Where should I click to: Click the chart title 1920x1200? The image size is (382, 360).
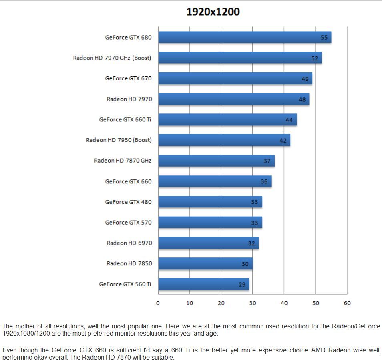coord(213,12)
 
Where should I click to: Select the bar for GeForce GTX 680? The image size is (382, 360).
coord(244,37)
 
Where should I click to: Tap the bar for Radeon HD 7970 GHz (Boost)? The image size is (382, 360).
coord(239,58)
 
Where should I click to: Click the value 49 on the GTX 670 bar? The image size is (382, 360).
coord(305,79)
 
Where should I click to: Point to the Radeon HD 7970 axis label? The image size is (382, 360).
coord(129,99)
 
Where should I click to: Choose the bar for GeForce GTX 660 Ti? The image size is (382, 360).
coord(227,120)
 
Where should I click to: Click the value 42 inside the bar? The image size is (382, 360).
coord(283,141)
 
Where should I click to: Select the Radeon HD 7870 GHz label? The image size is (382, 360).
coord(123,161)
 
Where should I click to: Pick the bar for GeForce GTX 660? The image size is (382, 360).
coord(215,181)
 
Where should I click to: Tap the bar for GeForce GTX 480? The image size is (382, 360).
coord(210,202)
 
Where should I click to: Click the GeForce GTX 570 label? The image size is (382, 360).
coord(128,222)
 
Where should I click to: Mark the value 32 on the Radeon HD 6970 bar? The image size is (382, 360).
coord(251,243)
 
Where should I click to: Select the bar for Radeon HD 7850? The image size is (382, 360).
coord(205,263)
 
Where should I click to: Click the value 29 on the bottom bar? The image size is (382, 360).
coord(242,285)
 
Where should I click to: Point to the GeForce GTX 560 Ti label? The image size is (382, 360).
coord(125,284)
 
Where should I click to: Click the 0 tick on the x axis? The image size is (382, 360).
coord(158,303)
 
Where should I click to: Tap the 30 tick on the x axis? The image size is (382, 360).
coord(253,303)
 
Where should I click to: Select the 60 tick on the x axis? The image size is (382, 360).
coord(347,303)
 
